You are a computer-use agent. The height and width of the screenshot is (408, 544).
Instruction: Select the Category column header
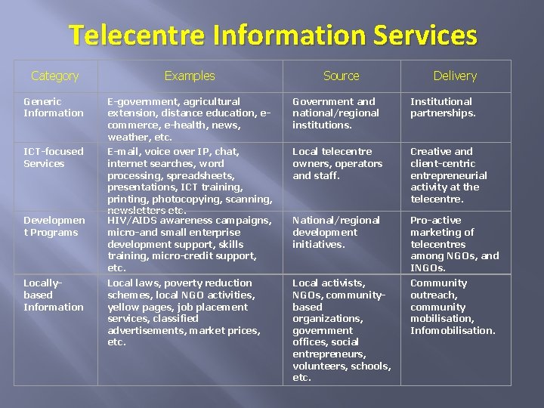(54, 76)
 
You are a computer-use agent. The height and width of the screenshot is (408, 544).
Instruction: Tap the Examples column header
(190, 76)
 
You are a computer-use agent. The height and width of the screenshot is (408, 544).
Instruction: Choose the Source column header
(341, 76)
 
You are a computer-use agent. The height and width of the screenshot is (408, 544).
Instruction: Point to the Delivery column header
(455, 76)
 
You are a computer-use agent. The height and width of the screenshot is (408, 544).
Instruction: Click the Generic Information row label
(53, 107)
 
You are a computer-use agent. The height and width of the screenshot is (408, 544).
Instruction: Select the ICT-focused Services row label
(53, 157)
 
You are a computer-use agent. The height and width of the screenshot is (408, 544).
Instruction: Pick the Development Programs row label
(54, 226)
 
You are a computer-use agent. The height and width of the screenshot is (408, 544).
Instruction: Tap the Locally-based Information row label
(53, 295)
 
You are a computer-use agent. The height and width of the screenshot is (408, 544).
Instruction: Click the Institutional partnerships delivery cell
(443, 107)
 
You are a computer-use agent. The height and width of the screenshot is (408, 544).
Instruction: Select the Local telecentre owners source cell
(337, 163)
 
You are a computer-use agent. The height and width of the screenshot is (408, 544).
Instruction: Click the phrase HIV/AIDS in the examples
(131, 221)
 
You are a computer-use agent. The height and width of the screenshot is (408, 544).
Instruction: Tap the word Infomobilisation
(452, 330)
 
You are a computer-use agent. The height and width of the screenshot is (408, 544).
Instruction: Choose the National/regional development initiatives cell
(335, 232)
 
